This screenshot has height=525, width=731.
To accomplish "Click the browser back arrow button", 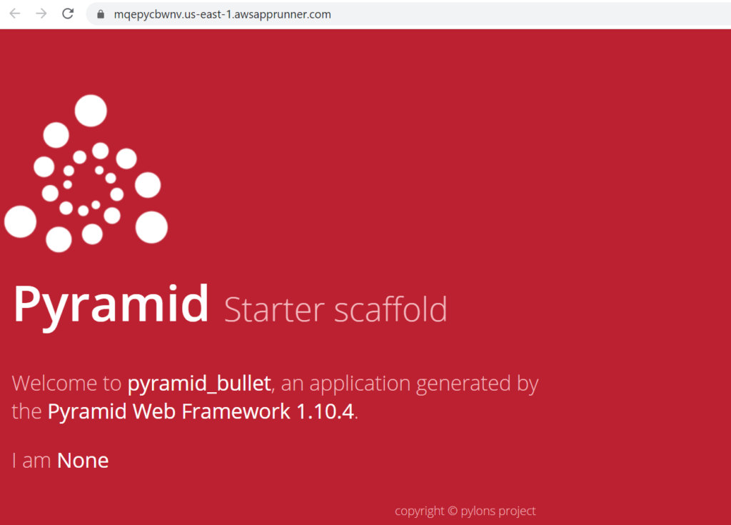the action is (x=15, y=14).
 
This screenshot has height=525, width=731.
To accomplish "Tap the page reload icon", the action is (x=68, y=14).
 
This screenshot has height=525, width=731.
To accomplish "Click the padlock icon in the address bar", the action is (x=100, y=14).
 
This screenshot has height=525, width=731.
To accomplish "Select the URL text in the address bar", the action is (x=223, y=14).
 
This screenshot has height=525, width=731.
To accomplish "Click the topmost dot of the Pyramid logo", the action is (x=91, y=111).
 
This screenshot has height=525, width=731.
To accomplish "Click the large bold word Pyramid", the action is (x=111, y=305).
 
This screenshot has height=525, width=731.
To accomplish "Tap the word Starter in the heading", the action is (x=274, y=309).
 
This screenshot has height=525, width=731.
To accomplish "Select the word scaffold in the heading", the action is (x=390, y=309).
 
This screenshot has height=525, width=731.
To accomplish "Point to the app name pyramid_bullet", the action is (x=199, y=384).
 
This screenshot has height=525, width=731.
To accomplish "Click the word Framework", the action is (x=236, y=411).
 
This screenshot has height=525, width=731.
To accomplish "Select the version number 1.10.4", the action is (x=325, y=412).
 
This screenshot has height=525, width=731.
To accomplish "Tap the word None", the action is (x=83, y=461).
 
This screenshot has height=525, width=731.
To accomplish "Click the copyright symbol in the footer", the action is (x=452, y=511).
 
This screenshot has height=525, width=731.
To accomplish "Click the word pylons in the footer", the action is (x=478, y=511).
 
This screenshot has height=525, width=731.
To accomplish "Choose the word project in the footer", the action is (x=517, y=511).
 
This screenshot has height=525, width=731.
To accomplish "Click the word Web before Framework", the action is (x=154, y=411).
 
